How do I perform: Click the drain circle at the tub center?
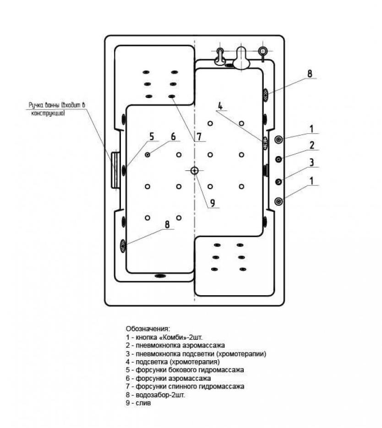pos(194,171)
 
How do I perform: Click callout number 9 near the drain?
pos(213,203)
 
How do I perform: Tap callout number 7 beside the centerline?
pos(199,136)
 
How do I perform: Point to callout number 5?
pos(152,136)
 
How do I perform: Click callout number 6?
pos(173,136)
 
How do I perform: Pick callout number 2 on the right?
pos(312,145)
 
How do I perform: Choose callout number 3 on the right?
pos(312,163)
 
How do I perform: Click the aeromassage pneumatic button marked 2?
pos(278,159)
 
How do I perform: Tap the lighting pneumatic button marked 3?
pos(278,182)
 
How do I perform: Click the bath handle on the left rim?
pos(115,169)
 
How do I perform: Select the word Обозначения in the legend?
pos(148,328)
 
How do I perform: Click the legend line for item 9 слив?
pos(138,403)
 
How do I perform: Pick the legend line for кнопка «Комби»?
pos(164,337)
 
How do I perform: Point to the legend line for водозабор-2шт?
pos(155,395)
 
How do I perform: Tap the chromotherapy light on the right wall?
pos(265,143)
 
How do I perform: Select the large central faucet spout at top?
pos(241,58)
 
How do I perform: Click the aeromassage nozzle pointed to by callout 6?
pos(147,155)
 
